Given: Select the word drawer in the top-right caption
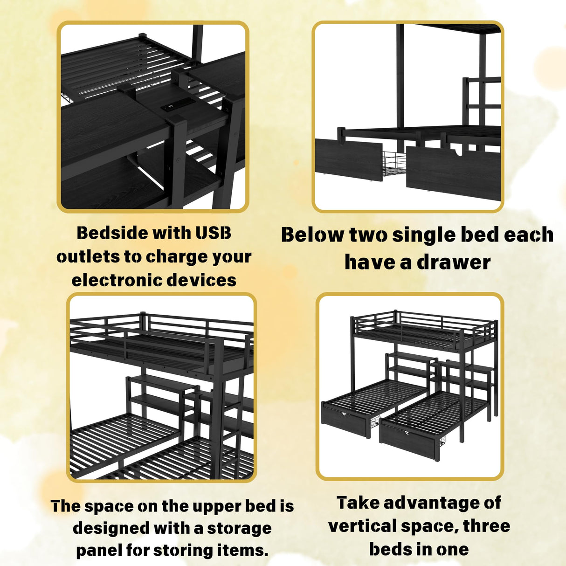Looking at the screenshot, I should coord(453,262).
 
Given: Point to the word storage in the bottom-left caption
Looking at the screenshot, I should coord(239,528).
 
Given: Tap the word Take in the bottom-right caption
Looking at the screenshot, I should coord(357,503).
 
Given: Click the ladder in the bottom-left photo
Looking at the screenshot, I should coord(233,420).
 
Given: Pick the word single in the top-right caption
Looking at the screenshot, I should coord(423,235).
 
